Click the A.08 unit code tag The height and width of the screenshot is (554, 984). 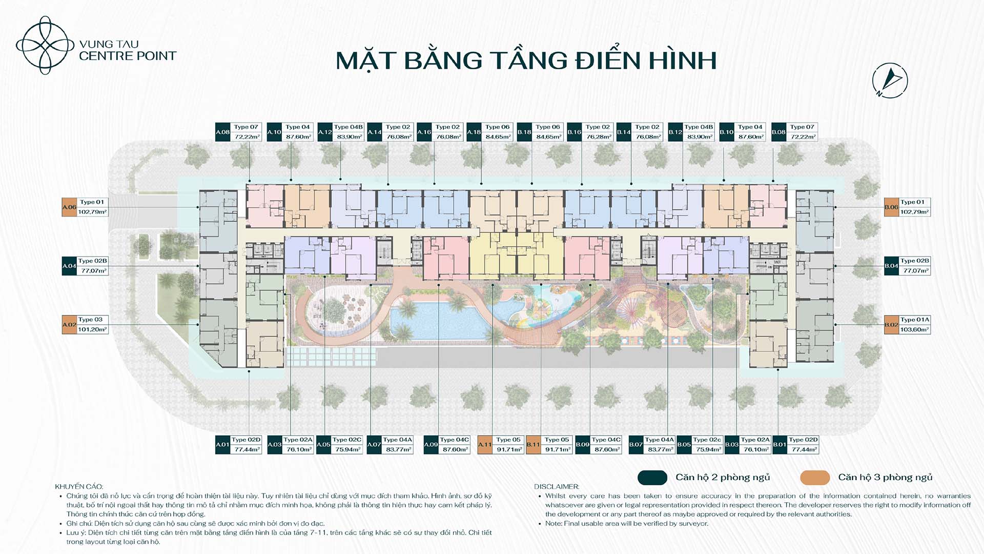pos(223,132)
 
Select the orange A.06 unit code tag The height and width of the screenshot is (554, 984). pos(69,207)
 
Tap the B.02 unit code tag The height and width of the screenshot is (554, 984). pos(891,325)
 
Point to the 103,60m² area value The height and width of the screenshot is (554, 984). pos(914,330)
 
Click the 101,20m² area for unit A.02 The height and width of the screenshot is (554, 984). pos(92,330)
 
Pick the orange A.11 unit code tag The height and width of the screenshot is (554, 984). pos(485,445)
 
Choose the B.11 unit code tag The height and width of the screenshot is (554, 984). pos(534,445)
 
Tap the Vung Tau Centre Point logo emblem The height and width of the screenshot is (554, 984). pos(45,45)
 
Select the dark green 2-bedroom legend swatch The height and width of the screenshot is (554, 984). pos(652,478)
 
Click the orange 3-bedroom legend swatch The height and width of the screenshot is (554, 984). pos(815,478)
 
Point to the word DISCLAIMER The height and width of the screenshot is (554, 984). pos(557,487)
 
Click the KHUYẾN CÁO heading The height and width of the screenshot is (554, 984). pos(79,487)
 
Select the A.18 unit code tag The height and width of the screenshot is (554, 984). pos(474,132)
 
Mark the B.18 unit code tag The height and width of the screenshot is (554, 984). pos(524,132)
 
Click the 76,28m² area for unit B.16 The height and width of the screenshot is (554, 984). pos(598,137)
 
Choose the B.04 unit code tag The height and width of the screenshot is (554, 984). pos(891,266)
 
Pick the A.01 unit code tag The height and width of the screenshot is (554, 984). pos(222,445)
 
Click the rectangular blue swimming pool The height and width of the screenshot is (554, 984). pos(436,321)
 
